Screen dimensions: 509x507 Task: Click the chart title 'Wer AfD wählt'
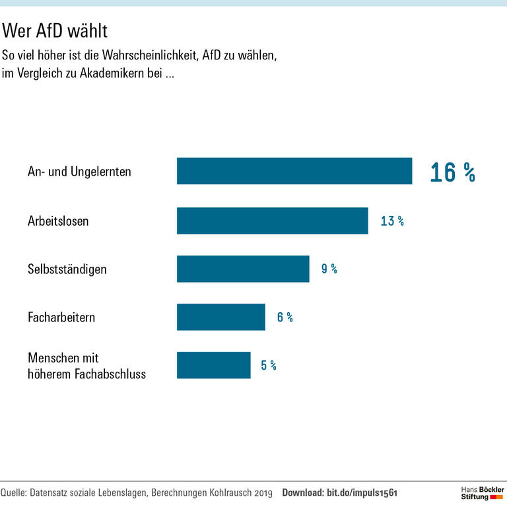pos(55,30)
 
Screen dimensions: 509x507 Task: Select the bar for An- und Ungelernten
pos(294,171)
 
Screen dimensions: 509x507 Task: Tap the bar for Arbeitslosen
pos(272,221)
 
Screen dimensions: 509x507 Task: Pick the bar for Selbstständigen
pos(243,269)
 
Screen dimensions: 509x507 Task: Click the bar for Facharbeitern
pos(220,317)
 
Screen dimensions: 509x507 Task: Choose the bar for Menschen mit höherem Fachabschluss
pos(213,365)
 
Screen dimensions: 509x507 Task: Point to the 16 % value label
pos(452,172)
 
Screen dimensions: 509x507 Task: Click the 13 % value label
pos(392,221)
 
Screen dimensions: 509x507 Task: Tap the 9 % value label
pos(329,269)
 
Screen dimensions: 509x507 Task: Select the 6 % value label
pos(285,318)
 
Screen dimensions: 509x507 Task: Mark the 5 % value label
pos(268,366)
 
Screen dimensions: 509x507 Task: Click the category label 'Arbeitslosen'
pos(58,221)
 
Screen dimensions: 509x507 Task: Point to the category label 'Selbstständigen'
pos(67,269)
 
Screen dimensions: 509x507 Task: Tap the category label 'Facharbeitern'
pos(61,318)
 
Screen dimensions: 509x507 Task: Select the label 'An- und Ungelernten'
pos(79,172)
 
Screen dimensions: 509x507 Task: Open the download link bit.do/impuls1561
pos(362,493)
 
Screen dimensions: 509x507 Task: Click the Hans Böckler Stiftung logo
pos(481,492)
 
